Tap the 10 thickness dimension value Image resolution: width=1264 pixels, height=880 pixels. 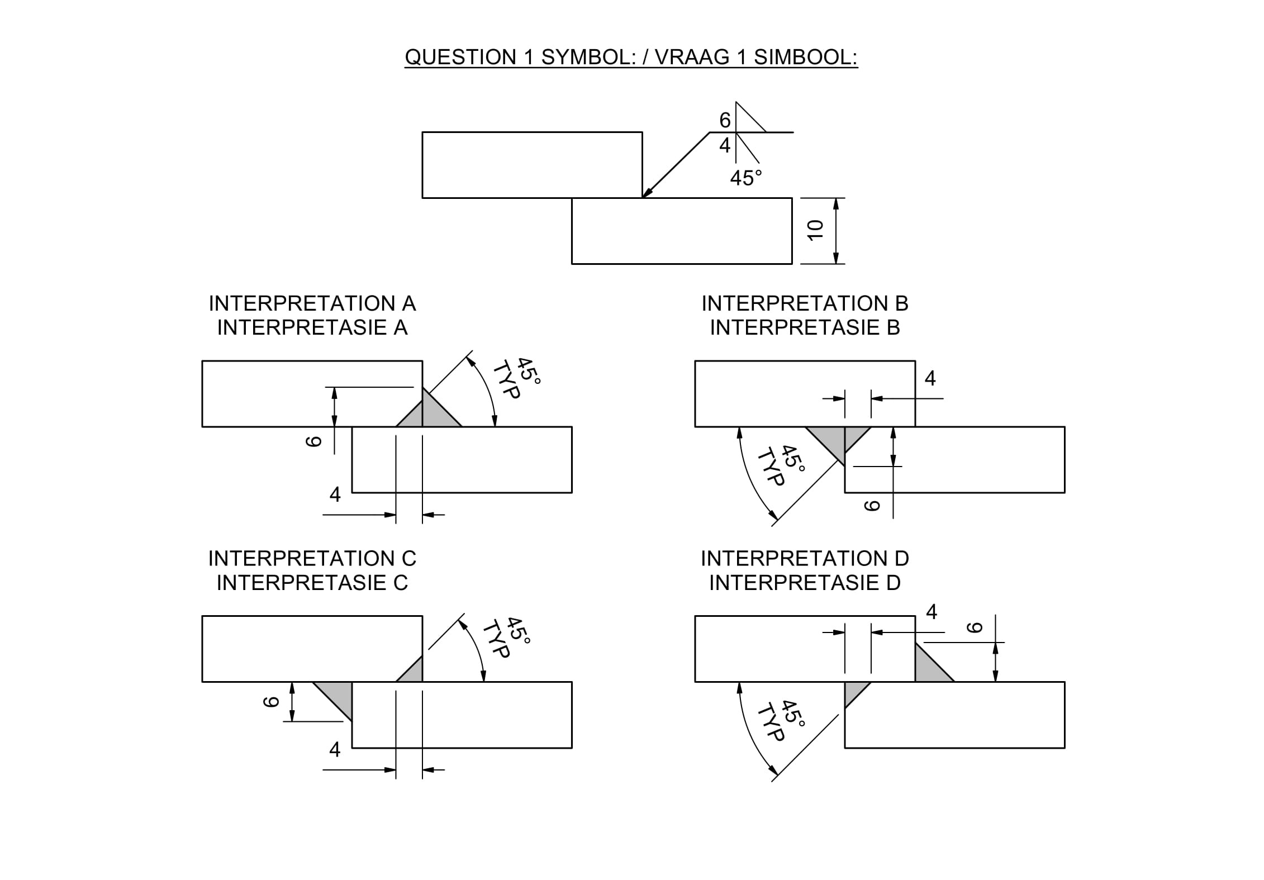816,230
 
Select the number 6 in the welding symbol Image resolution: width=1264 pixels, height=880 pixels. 725,120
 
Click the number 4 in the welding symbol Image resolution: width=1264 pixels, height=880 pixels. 725,145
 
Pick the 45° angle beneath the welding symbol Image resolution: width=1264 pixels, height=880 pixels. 746,178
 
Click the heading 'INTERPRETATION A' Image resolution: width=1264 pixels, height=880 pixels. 312,303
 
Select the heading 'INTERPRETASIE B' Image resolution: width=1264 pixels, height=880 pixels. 805,327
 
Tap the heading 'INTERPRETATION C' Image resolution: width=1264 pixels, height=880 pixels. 312,558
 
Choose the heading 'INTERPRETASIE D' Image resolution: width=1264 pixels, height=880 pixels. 805,583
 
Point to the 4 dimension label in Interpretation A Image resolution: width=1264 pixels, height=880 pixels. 335,494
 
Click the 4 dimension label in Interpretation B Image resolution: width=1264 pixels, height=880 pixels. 930,379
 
